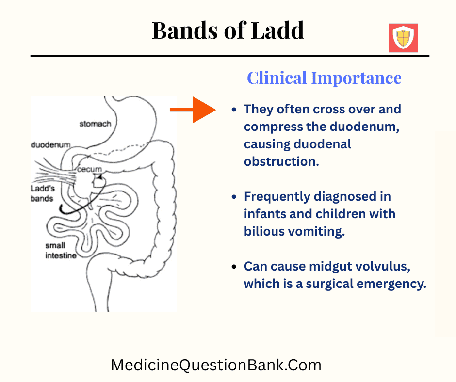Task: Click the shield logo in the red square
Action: tap(403, 38)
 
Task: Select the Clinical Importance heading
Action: tap(324, 78)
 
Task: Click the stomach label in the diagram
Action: tap(95, 124)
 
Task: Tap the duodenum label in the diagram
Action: tap(50, 144)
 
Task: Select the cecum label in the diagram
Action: tap(91, 169)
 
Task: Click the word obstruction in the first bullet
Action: tap(281, 161)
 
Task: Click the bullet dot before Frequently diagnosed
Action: tap(234, 197)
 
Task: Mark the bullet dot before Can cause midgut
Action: tap(234, 267)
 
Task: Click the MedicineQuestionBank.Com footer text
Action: tap(216, 365)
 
